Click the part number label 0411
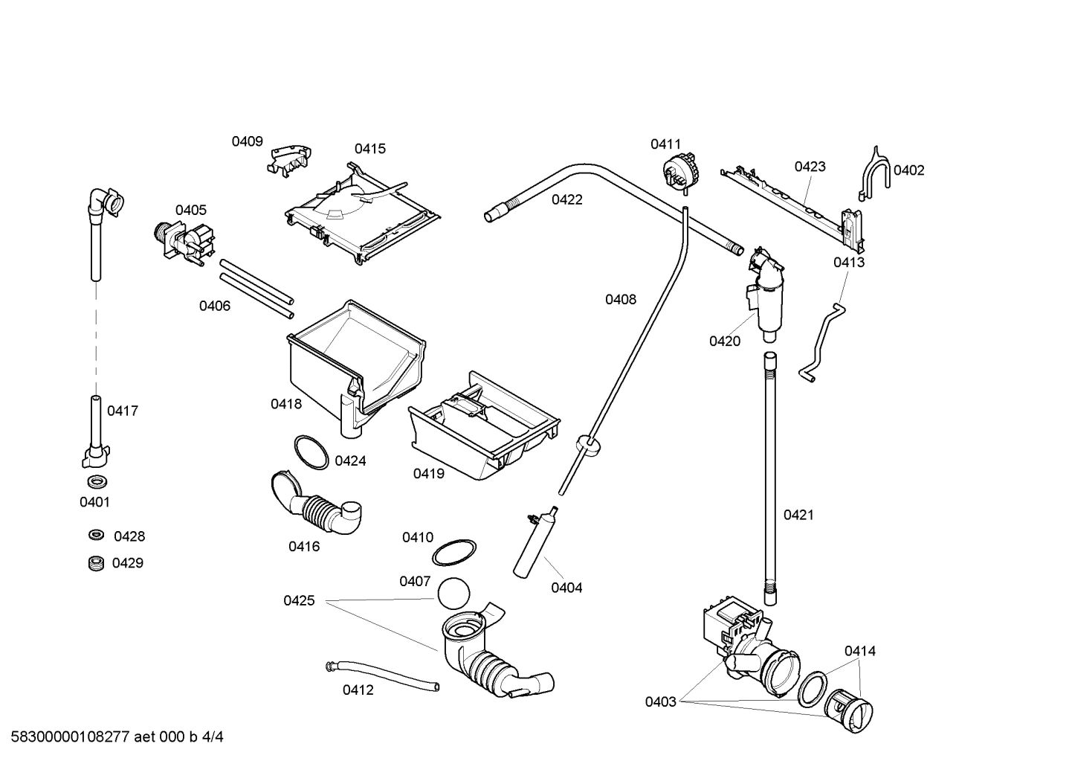[665, 144]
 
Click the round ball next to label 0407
[453, 595]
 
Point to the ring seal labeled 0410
[454, 554]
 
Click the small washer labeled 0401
[94, 481]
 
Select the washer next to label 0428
[95, 535]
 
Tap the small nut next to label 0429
[94, 563]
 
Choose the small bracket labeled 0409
[289, 159]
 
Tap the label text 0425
[299, 600]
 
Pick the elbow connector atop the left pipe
[104, 202]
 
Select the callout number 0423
[810, 167]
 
